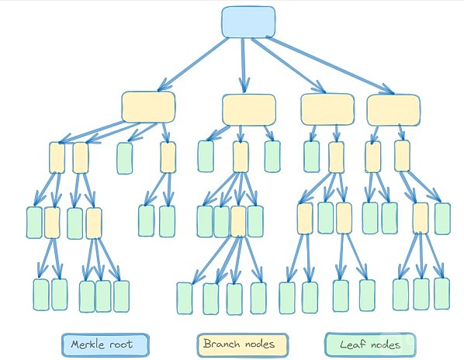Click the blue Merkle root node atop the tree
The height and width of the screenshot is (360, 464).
248,22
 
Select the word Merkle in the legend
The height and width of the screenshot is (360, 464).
88,344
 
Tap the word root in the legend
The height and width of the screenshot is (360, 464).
121,344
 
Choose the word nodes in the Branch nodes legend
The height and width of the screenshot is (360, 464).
260,344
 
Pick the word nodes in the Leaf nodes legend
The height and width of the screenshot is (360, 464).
386,344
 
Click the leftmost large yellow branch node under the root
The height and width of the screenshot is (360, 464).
148,107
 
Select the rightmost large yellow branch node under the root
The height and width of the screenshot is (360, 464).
393,110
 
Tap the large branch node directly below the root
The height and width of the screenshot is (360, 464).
249,109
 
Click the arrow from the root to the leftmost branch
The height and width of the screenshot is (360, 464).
193,64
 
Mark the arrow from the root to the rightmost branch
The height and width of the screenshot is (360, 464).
330,65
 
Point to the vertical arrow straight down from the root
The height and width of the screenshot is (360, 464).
244,65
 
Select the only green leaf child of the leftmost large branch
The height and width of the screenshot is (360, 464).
125,158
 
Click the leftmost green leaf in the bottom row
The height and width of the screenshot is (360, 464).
41,295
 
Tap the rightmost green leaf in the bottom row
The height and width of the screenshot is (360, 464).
442,293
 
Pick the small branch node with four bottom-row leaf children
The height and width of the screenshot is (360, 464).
238,221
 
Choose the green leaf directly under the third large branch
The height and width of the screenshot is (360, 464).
312,157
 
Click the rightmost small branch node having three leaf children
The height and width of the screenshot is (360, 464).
421,218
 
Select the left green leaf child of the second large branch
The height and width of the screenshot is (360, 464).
206,156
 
